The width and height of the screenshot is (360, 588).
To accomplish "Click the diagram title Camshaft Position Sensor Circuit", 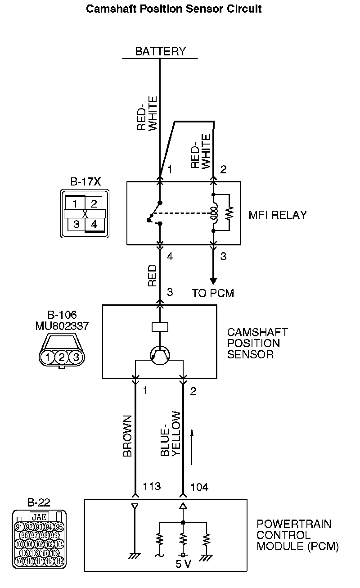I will [174, 9].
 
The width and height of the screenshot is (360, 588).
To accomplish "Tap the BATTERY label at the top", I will [160, 51].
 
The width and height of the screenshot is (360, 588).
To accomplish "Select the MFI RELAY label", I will [278, 215].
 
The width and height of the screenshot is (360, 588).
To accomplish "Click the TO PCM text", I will [213, 293].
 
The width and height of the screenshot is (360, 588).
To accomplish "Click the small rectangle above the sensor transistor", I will [160, 326].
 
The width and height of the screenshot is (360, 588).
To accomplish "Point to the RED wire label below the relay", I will [153, 276].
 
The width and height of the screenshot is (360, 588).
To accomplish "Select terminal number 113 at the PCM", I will [152, 487].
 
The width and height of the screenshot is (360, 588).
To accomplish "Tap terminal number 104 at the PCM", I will [199, 487].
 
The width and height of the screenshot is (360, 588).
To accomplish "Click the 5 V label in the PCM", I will [183, 564].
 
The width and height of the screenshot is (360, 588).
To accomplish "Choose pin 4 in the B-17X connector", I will [94, 224].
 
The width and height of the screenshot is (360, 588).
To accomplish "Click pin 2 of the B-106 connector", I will [62, 357].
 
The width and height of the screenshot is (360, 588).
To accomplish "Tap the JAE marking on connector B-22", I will [39, 517].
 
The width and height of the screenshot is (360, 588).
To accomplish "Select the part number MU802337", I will [62, 326].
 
